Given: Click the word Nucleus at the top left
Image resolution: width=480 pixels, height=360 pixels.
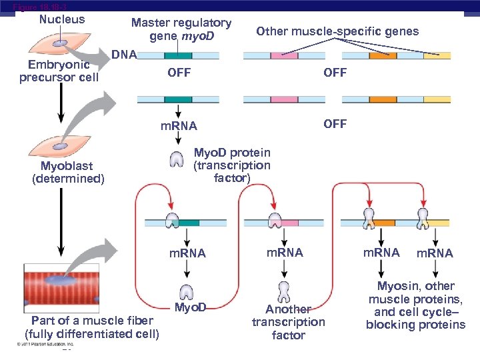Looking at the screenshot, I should [62, 19].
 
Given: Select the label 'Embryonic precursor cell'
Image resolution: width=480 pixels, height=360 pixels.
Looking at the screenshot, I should [59, 71].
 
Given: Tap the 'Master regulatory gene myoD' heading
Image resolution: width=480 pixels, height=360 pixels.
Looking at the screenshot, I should [181, 29].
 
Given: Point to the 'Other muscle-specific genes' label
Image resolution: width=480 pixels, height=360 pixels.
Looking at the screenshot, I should [337, 31].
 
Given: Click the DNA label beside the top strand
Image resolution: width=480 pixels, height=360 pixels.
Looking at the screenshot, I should [124, 54].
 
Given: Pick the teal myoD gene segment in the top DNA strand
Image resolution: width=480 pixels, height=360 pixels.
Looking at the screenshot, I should [178, 56].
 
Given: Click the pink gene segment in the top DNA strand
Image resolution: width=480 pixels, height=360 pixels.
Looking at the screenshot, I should [284, 56].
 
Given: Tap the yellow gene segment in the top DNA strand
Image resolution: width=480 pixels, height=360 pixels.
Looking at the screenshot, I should [437, 56].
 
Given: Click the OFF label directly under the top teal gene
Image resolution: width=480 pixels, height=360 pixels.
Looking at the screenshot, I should [179, 73].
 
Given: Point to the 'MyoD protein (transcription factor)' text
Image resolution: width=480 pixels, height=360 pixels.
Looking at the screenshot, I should [231, 165].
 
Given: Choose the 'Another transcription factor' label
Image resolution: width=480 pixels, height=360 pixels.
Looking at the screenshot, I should [288, 322].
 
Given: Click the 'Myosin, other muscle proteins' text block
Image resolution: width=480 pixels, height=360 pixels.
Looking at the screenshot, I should [415, 305].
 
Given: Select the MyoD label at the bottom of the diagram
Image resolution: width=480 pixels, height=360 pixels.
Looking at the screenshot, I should [191, 308].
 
